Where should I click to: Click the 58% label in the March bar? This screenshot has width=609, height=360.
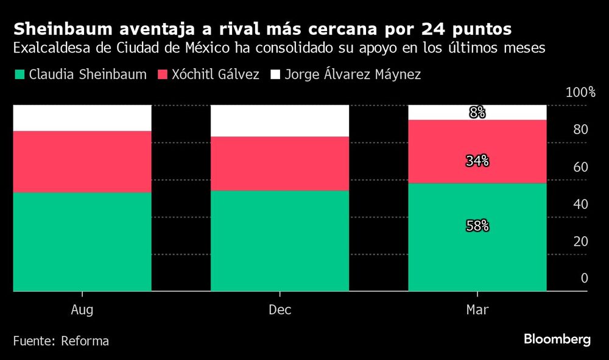pyautogui.click(x=477, y=225)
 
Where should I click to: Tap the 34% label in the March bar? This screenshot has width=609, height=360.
pyautogui.click(x=477, y=161)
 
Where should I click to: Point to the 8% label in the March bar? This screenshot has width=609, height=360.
pyautogui.click(x=477, y=112)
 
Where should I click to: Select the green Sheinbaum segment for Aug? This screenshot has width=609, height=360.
pyautogui.click(x=82, y=242)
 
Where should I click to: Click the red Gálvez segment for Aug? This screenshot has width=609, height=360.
pyautogui.click(x=82, y=161)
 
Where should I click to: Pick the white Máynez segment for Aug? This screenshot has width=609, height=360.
pyautogui.click(x=82, y=118)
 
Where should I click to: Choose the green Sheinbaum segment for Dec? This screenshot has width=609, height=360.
pyautogui.click(x=280, y=241)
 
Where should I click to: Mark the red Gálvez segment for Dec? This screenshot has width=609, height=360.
pyautogui.click(x=280, y=163)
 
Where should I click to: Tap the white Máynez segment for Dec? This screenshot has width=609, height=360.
pyautogui.click(x=280, y=121)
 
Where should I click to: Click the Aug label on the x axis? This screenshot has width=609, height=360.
pyautogui.click(x=82, y=310)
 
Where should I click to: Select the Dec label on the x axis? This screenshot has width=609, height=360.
pyautogui.click(x=280, y=310)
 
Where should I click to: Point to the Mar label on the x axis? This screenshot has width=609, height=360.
pyautogui.click(x=477, y=310)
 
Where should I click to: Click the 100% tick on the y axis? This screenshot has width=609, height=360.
pyautogui.click(x=580, y=93)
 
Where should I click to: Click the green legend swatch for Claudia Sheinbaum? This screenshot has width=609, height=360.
pyautogui.click(x=19, y=75)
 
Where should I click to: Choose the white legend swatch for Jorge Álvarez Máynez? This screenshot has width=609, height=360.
pyautogui.click(x=275, y=75)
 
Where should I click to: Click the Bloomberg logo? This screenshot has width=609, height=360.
pyautogui.click(x=557, y=340)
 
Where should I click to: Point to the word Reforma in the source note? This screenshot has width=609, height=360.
pyautogui.click(x=85, y=341)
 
